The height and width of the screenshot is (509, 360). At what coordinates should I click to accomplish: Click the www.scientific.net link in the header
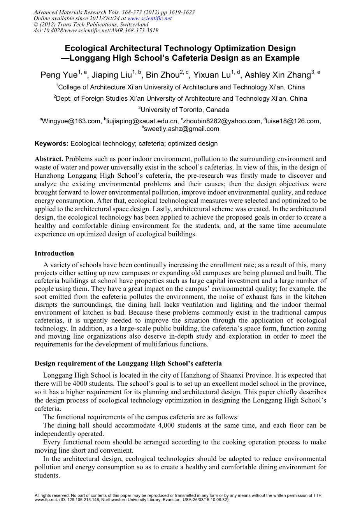tap(149, 18)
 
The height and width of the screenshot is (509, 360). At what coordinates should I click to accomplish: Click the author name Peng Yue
tap(59, 75)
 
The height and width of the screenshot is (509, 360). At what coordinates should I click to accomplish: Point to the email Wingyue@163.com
tap(71, 121)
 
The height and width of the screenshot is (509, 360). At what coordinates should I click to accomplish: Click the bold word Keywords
tap(51, 144)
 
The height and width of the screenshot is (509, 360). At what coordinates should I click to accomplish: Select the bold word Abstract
tap(49, 159)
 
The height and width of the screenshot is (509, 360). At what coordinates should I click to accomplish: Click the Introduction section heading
tap(54, 254)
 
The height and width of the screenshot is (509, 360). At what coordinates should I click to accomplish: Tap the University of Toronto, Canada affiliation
tap(185, 110)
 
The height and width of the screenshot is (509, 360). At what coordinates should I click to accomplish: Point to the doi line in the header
tap(96, 30)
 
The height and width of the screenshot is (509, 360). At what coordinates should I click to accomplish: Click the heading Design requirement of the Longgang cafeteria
tap(128, 364)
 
